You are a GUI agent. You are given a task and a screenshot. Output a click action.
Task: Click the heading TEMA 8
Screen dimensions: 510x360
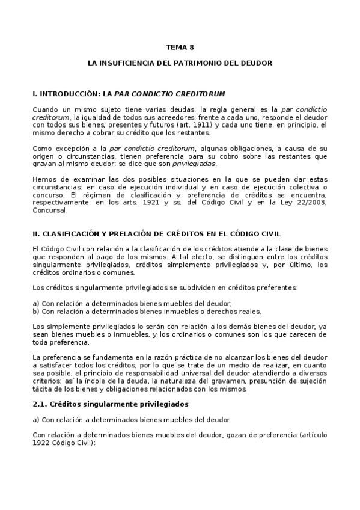coord(180,46)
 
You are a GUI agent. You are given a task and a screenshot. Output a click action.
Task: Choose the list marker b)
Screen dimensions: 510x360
coord(36,312)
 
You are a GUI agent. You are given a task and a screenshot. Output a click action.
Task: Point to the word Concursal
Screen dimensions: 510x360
coord(49,210)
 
